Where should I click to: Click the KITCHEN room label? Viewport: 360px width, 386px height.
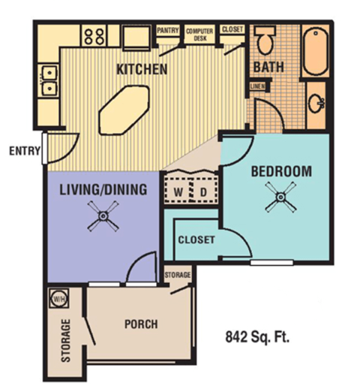click(x=141, y=70)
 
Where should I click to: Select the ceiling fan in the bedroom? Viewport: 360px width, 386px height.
click(x=280, y=199)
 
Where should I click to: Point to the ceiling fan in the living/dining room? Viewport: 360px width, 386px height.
click(x=101, y=218)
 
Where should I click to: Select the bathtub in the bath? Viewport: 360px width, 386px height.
click(x=316, y=50)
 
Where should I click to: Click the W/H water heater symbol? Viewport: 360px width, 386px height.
click(x=57, y=298)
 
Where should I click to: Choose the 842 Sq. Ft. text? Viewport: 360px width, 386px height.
click(x=257, y=337)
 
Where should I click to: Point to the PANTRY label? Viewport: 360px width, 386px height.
click(x=167, y=31)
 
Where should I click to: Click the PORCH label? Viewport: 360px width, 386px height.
click(x=139, y=324)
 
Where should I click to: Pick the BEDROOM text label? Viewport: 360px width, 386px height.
click(x=280, y=171)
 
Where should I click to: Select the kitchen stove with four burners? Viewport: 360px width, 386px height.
click(x=94, y=35)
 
